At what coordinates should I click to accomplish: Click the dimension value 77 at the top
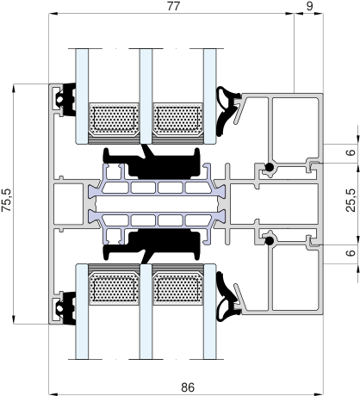(x=173, y=6)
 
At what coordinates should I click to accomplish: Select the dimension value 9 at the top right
(x=309, y=6)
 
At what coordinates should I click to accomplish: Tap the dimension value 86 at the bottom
(x=188, y=387)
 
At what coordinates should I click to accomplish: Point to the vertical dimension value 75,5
(x=7, y=200)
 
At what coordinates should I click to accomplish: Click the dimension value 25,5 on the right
(x=351, y=200)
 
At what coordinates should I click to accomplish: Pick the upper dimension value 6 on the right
(x=351, y=152)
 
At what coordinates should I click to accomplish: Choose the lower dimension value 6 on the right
(x=351, y=253)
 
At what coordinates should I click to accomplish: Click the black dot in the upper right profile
(x=270, y=167)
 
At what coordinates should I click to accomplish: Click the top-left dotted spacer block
(x=114, y=119)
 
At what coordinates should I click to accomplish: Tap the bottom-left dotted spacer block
(x=114, y=288)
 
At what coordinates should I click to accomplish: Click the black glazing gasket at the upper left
(x=66, y=100)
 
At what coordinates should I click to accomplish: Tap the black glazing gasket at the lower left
(x=66, y=308)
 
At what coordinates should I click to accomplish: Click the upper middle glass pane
(x=146, y=96)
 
